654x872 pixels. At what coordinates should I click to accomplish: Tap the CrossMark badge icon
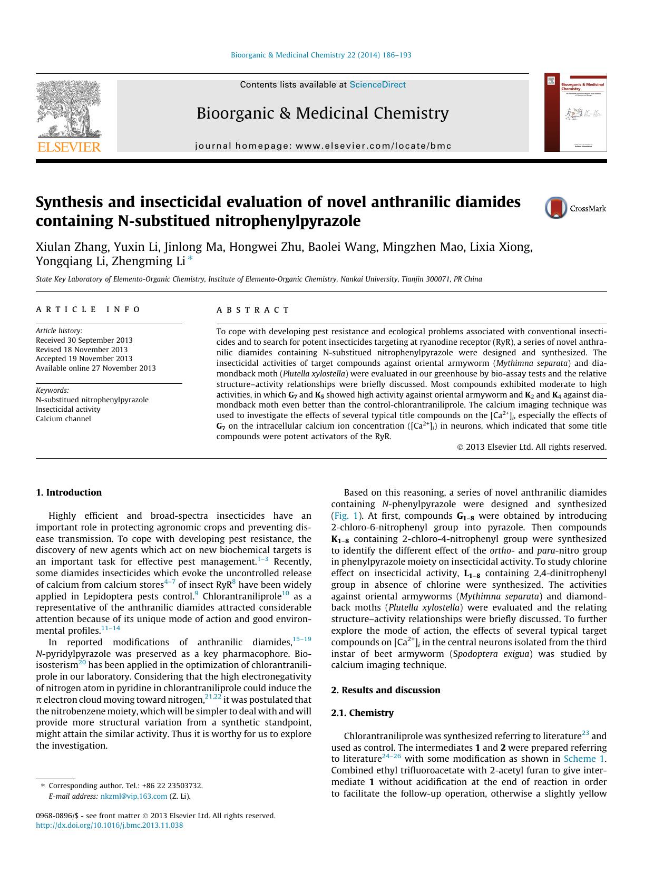556,208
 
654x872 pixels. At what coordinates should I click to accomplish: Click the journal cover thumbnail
575,112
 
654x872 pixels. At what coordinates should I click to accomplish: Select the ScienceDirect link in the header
377,85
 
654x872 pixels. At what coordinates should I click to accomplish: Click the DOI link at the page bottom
109,825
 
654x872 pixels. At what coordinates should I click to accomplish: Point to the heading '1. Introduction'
69,492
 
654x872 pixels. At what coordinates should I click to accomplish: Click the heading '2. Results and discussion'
385,690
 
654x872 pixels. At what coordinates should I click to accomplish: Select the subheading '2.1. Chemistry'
362,713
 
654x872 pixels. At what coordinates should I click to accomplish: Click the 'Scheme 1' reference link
584,759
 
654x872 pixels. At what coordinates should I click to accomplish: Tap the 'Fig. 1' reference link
346,516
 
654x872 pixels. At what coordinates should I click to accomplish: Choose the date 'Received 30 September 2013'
84,340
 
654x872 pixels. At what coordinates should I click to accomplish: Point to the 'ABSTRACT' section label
253,310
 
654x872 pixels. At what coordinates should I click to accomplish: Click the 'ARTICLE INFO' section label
88,310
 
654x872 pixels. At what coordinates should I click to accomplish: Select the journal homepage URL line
323,146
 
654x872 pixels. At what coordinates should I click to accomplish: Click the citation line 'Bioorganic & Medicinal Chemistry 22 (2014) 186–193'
321,55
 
